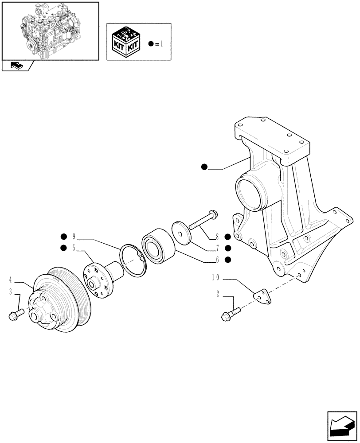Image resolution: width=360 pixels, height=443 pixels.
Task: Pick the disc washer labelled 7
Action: click(x=181, y=232)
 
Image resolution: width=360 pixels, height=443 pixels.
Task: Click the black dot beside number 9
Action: click(x=64, y=236)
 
